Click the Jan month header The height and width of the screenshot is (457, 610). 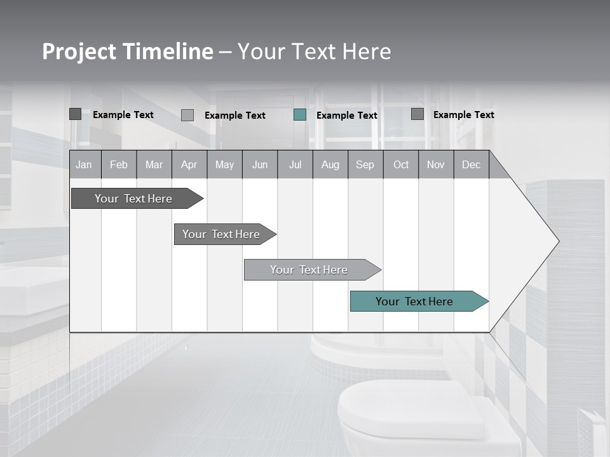(85, 164)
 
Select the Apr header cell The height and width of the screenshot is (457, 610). (189, 164)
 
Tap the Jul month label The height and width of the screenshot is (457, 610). (295, 164)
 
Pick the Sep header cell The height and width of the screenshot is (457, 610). (365, 164)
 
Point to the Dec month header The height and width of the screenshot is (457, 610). (471, 164)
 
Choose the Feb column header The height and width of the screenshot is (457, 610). (119, 164)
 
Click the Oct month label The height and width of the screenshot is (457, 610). (401, 164)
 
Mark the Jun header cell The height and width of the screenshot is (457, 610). (260, 164)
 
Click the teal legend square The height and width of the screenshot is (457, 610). (300, 115)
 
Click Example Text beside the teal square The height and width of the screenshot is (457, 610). (346, 116)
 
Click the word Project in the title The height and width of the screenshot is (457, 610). (79, 51)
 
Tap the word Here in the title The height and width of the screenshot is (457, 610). (367, 51)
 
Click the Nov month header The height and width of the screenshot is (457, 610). (436, 164)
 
